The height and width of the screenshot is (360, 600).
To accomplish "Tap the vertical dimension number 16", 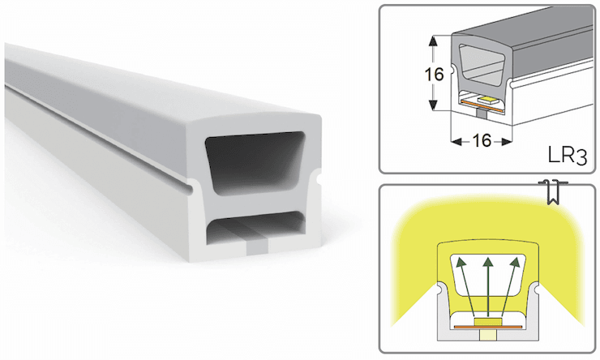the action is pyautogui.click(x=434, y=75).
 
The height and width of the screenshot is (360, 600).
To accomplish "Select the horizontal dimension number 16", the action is pyautogui.click(x=482, y=141).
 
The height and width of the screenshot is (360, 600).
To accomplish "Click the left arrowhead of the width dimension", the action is pyautogui.click(x=456, y=143).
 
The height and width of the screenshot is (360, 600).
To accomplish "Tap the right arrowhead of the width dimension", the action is pyautogui.click(x=507, y=143).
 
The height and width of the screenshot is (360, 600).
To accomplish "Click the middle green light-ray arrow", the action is pyautogui.click(x=488, y=287).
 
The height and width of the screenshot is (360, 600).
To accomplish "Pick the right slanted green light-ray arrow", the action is pyautogui.click(x=510, y=287).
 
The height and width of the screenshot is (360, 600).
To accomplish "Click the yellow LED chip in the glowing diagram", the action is pyautogui.click(x=488, y=322).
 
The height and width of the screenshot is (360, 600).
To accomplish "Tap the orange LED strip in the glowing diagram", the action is pyautogui.click(x=488, y=327).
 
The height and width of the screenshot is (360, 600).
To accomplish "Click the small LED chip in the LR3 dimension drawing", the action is pyautogui.click(x=486, y=101).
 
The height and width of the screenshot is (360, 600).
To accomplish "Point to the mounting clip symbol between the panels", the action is pyautogui.click(x=553, y=191).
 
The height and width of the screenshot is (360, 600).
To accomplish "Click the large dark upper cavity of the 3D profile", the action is pyautogui.click(x=255, y=163).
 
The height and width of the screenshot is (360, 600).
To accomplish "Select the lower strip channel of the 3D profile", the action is pyautogui.click(x=255, y=227).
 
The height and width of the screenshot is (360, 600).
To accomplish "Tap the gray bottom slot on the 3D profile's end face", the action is pyautogui.click(x=257, y=248).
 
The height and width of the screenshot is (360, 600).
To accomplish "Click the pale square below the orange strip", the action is pyautogui.click(x=488, y=335).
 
